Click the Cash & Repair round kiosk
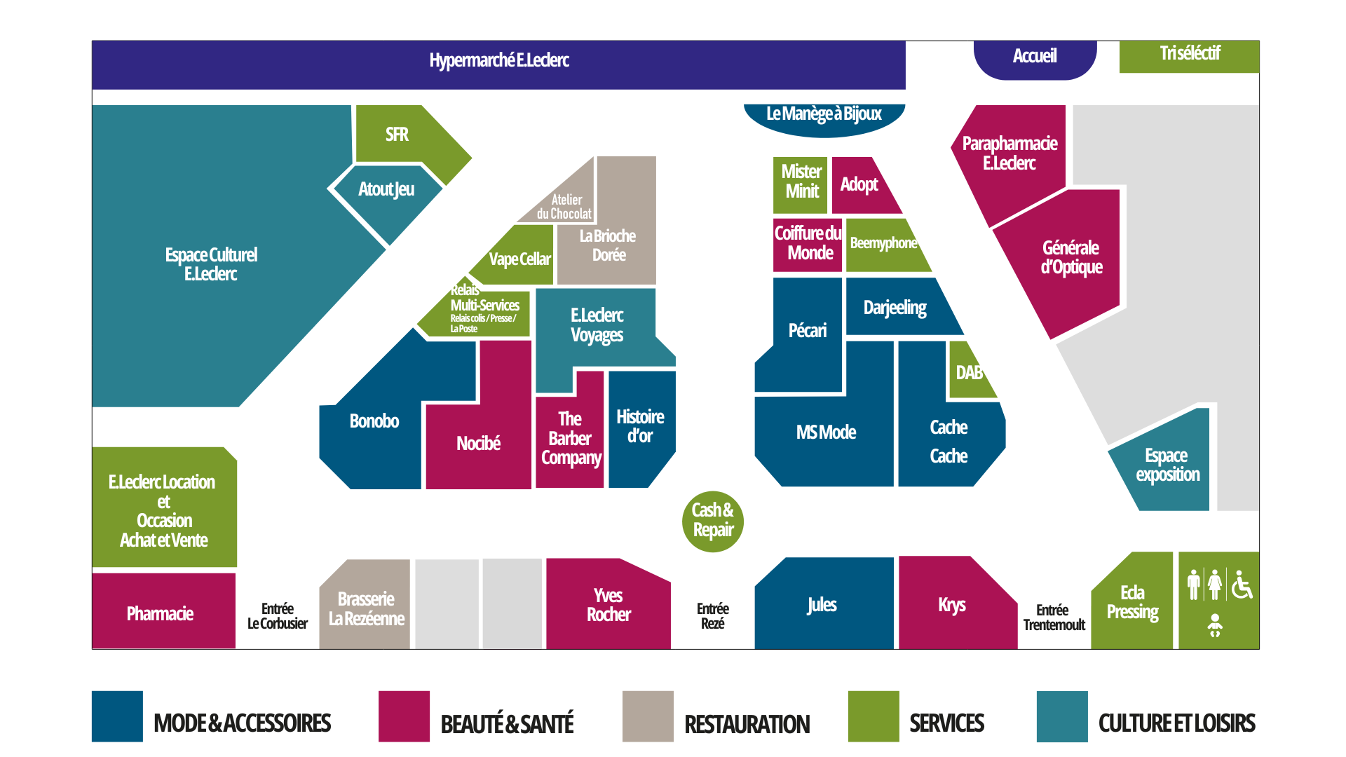[712, 521]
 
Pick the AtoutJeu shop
[386, 190]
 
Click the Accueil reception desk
[1034, 57]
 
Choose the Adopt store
[859, 185]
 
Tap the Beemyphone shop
[883, 244]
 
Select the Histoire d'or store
[640, 427]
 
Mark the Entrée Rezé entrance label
[712, 616]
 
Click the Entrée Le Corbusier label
[277, 616]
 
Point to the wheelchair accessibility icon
[1242, 585]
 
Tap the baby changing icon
[1215, 625]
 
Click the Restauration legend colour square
[647, 716]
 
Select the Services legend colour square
[873, 716]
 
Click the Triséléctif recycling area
[1189, 55]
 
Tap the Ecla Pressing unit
[1132, 603]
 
